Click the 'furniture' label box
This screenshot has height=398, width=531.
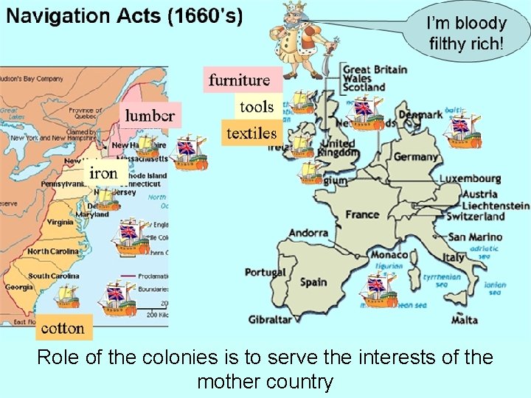click(239, 80)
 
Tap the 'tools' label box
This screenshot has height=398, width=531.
click(257, 107)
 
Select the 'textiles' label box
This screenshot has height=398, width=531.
click(251, 133)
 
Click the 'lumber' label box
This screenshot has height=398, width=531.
click(150, 115)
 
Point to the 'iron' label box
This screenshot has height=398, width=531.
click(103, 173)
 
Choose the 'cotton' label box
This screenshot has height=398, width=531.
click(63, 327)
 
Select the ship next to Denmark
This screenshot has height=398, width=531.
click(462, 126)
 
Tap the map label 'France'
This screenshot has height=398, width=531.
click(362, 214)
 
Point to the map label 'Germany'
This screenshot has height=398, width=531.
click(415, 157)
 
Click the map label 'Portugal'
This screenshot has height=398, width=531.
click(265, 272)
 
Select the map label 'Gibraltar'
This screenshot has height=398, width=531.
click(271, 320)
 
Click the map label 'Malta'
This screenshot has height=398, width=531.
click(464, 320)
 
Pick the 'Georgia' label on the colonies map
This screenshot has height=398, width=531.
click(18, 287)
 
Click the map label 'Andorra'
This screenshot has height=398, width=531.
click(308, 233)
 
